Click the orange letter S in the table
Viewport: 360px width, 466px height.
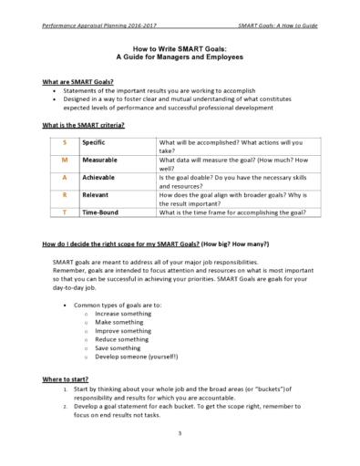(64, 143)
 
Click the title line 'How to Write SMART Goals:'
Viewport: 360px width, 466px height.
(179, 49)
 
